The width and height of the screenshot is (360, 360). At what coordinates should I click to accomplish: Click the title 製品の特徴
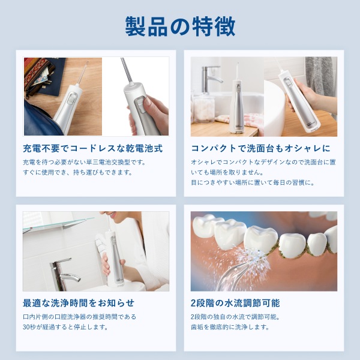coord(180,26)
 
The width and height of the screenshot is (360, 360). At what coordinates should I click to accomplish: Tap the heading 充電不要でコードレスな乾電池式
coord(93,148)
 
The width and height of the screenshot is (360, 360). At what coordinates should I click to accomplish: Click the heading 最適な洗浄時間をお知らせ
coord(79,303)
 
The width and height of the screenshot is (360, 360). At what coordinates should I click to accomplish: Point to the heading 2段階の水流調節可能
coord(235,303)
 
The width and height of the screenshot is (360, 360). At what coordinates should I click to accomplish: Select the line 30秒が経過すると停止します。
coord(65,327)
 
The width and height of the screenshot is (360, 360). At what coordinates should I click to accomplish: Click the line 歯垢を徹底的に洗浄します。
coord(230,327)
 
